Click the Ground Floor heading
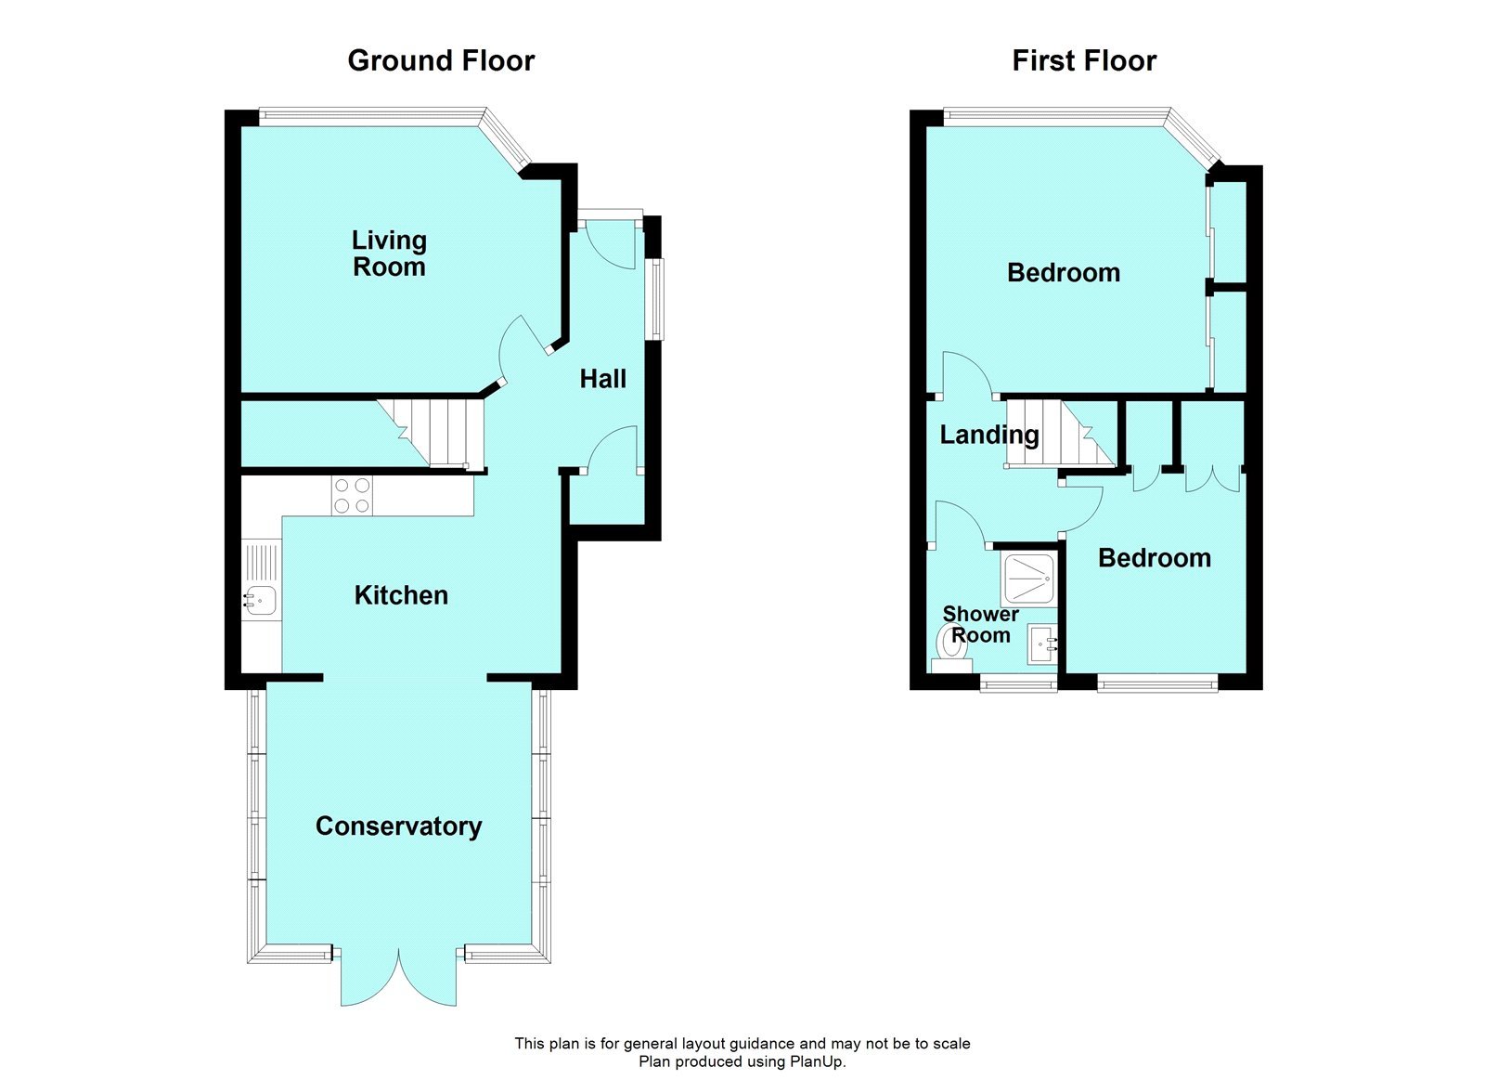point(441,60)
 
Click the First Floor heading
point(1083,60)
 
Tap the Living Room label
point(389,254)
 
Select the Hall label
point(602,379)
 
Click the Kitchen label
point(401,595)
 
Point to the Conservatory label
point(398,826)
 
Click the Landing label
point(988,435)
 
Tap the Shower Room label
point(980,625)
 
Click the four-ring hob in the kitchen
point(352,495)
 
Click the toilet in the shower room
point(952,646)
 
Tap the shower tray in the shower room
point(1028,579)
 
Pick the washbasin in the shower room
point(1041,644)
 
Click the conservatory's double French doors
point(398,977)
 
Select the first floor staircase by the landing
point(1058,433)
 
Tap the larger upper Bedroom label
point(1063,273)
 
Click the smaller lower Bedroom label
point(1154,558)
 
